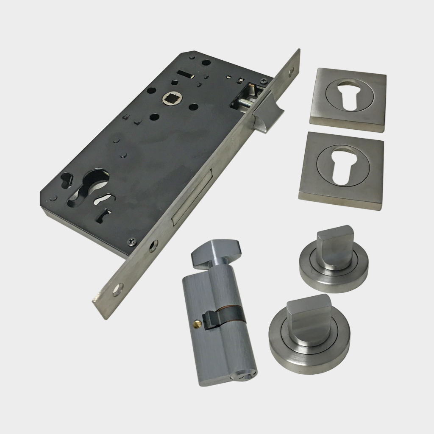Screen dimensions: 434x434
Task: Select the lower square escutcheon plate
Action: [342, 170]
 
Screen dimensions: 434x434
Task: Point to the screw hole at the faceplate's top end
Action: [290, 72]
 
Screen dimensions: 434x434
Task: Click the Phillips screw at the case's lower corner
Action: [132, 241]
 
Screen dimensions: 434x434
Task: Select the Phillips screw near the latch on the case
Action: [264, 79]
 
